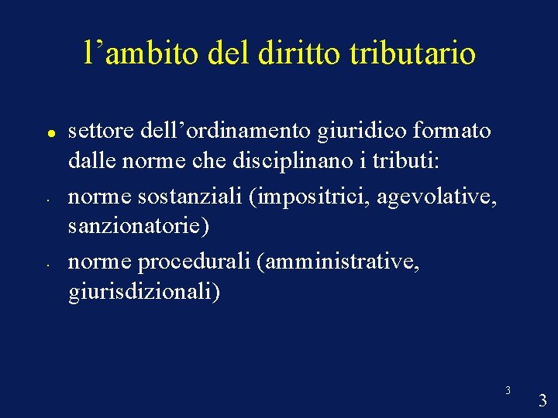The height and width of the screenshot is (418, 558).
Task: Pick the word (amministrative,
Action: (x=342, y=262)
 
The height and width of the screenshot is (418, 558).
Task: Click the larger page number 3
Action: (x=542, y=400)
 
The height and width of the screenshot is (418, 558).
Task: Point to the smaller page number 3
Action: (x=508, y=390)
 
